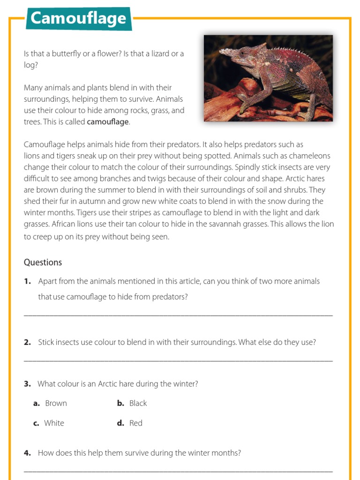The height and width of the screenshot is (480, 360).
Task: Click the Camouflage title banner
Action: [x=78, y=19]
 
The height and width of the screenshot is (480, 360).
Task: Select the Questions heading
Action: [x=43, y=262]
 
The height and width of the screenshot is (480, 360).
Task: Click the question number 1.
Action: [x=27, y=281]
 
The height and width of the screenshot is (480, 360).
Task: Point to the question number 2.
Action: [x=27, y=342]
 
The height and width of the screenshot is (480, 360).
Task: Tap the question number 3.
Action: [x=27, y=384]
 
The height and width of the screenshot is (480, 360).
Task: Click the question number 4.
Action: [x=27, y=453]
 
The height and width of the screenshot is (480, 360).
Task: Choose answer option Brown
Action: [x=56, y=403]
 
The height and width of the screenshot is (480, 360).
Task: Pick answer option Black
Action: [x=138, y=403]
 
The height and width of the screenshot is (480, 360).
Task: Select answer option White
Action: [x=54, y=423]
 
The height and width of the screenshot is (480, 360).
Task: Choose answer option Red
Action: [x=135, y=423]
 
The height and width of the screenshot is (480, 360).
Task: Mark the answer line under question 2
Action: [x=178, y=360]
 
